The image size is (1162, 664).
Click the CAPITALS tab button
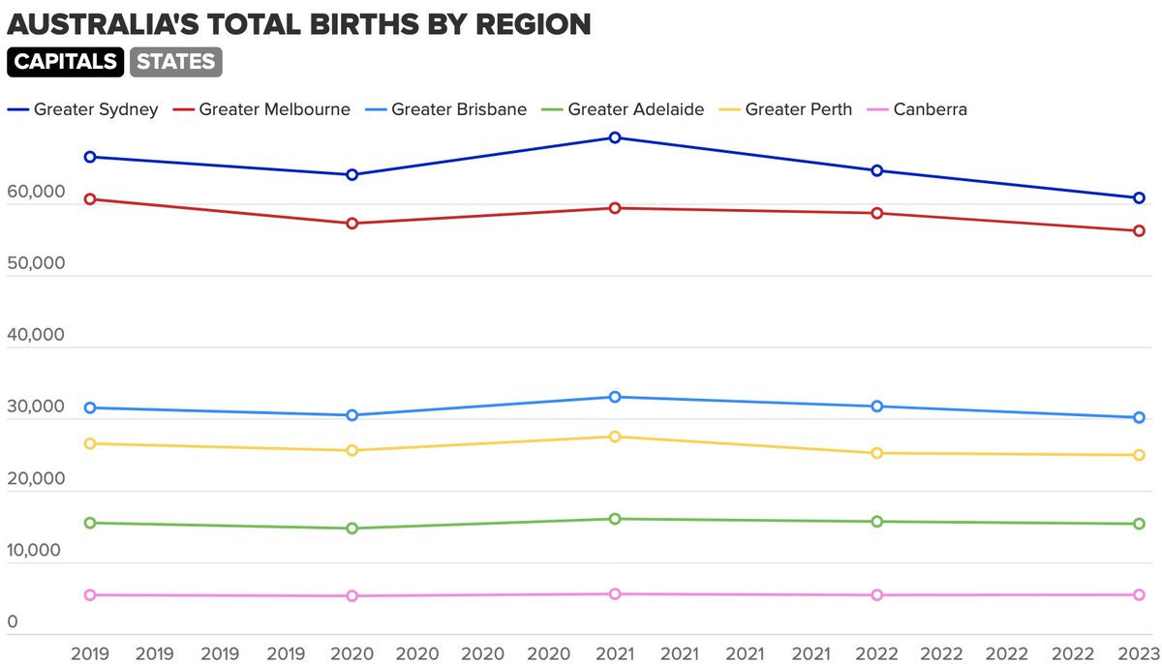[x=64, y=62]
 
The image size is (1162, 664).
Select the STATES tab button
[x=175, y=62]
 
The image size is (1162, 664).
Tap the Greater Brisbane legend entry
[x=446, y=109]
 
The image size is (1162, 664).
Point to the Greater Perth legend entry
[x=787, y=109]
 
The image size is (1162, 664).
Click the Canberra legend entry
[x=917, y=109]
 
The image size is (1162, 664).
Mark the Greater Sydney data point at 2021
[x=615, y=137]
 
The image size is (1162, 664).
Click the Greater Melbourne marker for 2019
[x=90, y=199]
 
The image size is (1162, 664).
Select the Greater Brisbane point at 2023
[x=1140, y=418]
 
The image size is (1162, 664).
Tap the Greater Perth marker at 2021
[x=615, y=437]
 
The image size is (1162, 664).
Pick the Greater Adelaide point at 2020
[x=352, y=528]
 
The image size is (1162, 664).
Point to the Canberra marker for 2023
[x=1140, y=594]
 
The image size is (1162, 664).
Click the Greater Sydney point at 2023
[x=1140, y=197]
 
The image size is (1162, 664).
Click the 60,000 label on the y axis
[x=35, y=193]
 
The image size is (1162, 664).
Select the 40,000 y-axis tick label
[x=35, y=336]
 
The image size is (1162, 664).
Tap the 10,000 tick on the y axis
[x=35, y=551]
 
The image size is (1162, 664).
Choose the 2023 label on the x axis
[x=1140, y=652]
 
